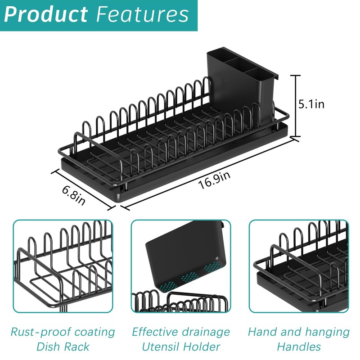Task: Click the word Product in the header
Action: pos(45,14)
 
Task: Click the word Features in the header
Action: pos(142,14)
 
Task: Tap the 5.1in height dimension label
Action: pos(311,104)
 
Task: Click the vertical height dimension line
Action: pos(296,106)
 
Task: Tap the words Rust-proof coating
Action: pos(63,332)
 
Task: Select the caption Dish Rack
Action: pos(63,347)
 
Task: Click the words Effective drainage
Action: pos(180,332)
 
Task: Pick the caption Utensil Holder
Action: pos(180,347)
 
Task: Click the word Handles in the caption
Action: pos(298,347)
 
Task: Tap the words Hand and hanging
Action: pos(298,332)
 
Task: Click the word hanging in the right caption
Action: pos(324,332)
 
